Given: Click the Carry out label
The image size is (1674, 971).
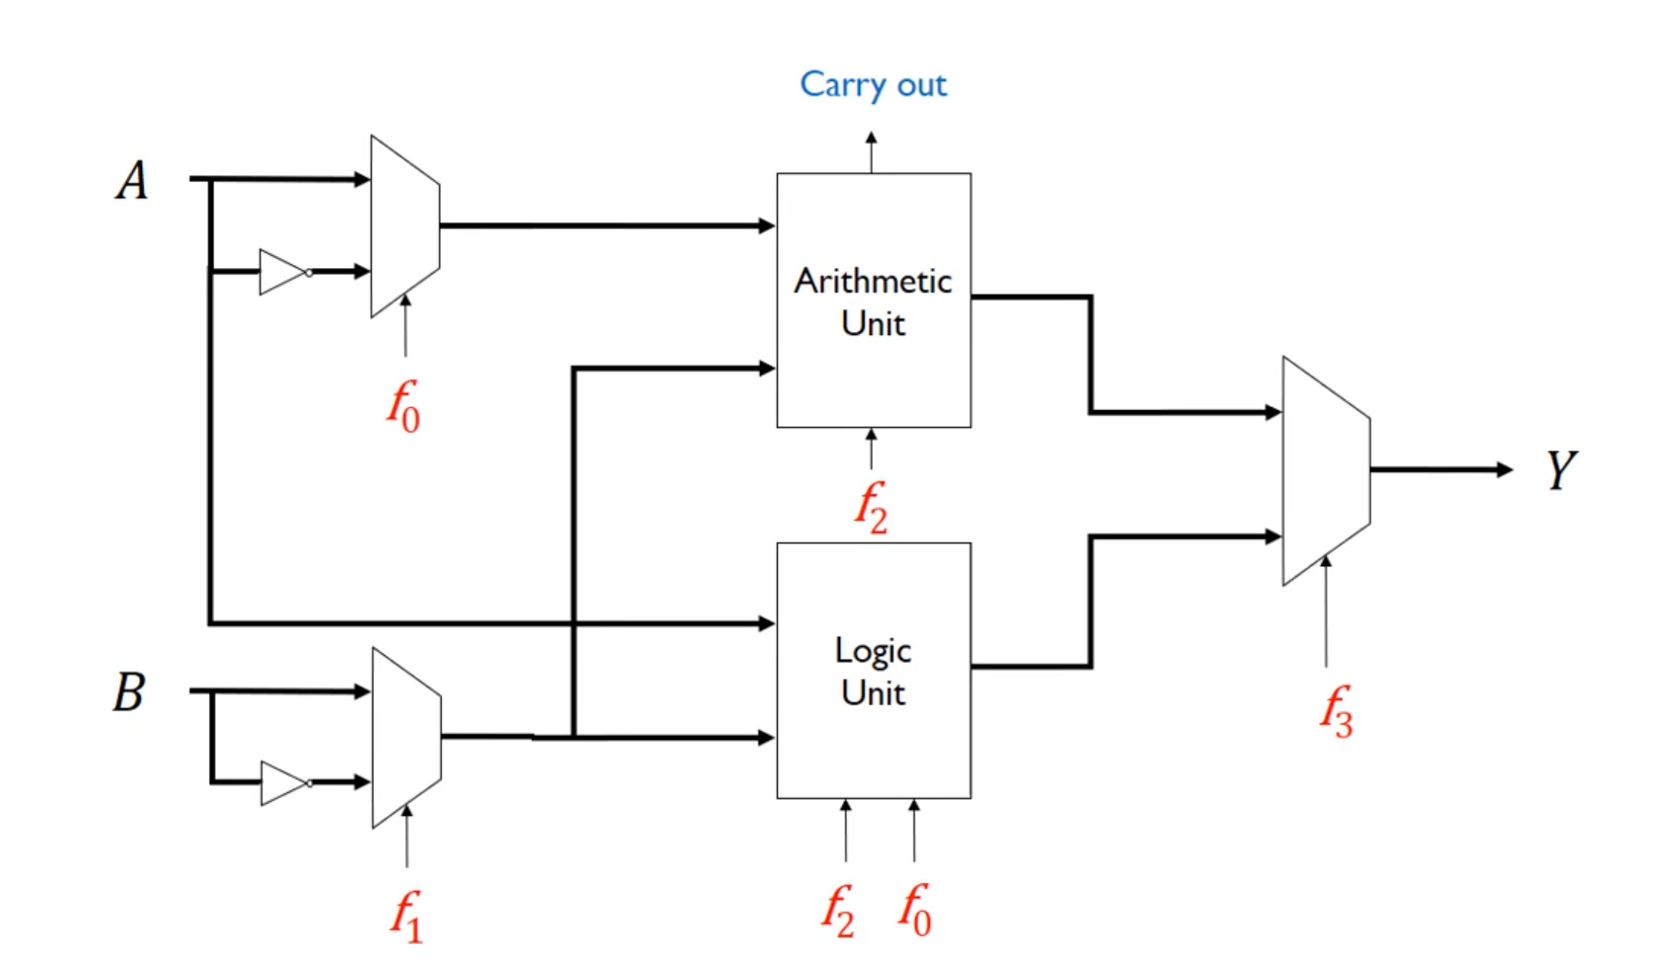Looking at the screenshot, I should (x=873, y=85).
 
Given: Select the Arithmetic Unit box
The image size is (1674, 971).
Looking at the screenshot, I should (x=873, y=369).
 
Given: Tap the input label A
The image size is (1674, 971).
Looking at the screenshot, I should (x=132, y=181).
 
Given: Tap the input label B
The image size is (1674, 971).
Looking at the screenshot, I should (x=129, y=692).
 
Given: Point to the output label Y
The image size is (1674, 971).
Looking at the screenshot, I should (x=1561, y=469).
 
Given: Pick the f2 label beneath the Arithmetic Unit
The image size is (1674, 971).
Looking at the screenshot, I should (x=871, y=507).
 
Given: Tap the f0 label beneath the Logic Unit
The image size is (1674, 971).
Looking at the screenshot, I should (x=915, y=910).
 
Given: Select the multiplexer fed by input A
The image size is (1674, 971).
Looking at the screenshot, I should (x=405, y=227).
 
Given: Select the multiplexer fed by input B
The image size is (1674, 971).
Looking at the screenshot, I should (x=406, y=737).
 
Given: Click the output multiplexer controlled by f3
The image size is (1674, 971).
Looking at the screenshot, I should (x=1325, y=470).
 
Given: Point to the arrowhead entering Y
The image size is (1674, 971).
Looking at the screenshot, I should (x=1504, y=469).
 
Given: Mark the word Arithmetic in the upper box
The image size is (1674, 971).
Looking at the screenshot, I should (x=873, y=281).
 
